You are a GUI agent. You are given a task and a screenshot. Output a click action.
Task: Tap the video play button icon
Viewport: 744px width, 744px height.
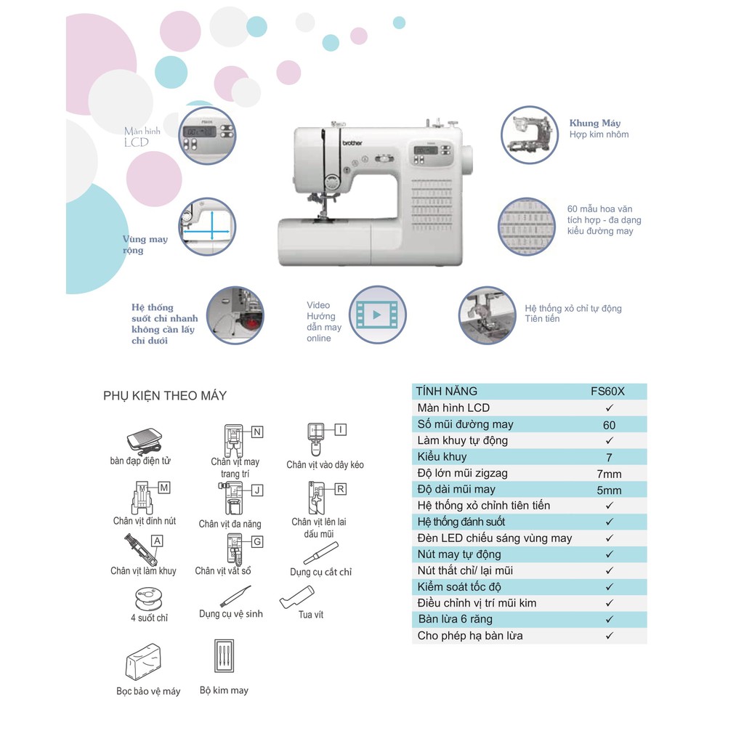[x=376, y=315]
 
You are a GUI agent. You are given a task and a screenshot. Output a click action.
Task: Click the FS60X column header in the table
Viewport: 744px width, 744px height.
[x=608, y=391]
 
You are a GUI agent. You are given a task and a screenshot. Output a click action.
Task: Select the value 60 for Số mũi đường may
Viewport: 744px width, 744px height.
[x=609, y=424]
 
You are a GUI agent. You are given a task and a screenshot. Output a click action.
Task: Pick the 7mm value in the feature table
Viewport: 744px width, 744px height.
[x=609, y=474]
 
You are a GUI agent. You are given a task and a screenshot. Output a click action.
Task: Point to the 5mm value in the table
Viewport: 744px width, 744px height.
[x=609, y=490]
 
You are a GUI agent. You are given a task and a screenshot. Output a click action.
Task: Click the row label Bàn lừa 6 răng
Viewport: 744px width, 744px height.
[x=455, y=619]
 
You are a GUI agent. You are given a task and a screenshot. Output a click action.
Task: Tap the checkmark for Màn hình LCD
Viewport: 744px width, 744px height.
[x=609, y=408]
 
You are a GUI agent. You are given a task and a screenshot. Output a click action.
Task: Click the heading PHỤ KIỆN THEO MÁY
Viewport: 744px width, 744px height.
[x=165, y=396]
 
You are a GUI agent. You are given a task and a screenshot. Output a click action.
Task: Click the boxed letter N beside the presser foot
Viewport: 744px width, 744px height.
[x=257, y=432]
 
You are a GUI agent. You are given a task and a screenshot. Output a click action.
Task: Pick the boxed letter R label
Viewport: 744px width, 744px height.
[x=341, y=489]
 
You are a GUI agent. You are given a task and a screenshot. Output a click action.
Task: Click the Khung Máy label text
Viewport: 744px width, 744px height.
[x=595, y=123]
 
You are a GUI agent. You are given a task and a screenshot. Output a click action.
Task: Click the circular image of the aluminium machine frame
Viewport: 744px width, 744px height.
[x=529, y=134]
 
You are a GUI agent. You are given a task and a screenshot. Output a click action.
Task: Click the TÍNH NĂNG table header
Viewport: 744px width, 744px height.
[x=447, y=391]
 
